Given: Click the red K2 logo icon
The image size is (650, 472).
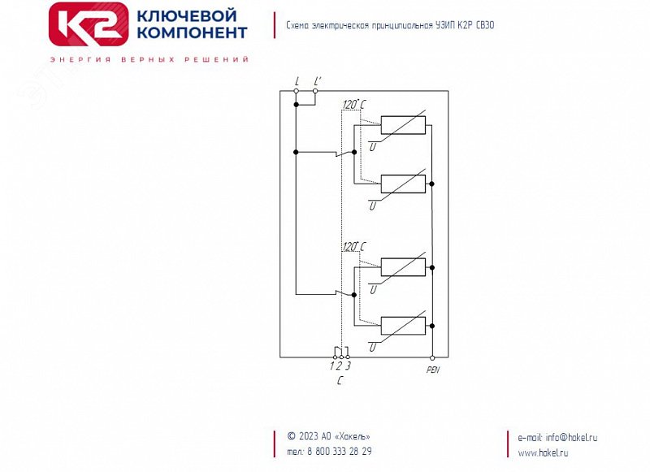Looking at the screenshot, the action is coord(89,24).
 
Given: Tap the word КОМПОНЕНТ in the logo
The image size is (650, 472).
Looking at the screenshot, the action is coord(193,33).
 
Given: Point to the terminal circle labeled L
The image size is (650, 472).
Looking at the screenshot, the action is coord(297,91).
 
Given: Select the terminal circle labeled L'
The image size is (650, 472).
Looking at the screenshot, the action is coord(315,91).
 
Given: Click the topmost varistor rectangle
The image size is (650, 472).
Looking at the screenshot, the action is coord(403,125).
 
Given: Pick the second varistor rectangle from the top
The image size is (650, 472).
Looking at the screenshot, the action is coord(403,184).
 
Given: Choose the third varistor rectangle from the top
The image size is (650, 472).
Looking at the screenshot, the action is coord(403,266).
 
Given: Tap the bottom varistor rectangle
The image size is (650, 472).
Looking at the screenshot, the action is coord(403,325).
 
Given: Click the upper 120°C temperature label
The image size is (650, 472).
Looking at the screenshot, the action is coord(353,105).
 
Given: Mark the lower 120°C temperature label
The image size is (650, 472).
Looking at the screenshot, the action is coord(353,246).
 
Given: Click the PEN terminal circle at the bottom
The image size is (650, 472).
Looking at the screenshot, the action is coord(432,357).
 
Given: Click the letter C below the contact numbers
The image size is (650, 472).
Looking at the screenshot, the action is coord(340,379).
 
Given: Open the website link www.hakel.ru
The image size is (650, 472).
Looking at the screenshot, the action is coord(543,453).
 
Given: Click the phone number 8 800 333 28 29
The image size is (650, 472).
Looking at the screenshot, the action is coord(339,452).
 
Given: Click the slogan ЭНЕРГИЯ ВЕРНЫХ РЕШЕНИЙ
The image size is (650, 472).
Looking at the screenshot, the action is coord(149,60).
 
